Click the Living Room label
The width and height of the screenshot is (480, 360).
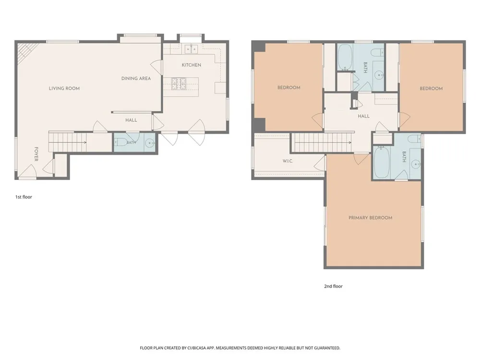64,88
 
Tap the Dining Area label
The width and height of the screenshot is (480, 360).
136,78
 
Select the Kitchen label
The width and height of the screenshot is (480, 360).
192,65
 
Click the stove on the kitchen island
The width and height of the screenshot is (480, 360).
179,84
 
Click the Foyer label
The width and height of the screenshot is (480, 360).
36,154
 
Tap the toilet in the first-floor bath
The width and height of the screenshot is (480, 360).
120,142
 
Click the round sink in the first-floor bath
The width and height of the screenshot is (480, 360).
150,143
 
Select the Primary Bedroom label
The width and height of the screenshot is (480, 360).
371,217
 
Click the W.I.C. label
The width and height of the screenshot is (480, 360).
288,161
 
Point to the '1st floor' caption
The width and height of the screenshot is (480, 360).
24,197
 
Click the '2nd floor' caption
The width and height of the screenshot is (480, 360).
334,286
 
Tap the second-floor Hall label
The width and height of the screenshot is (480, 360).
364,116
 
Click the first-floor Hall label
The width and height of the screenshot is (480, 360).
131,120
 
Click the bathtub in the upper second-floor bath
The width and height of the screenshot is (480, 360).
345,57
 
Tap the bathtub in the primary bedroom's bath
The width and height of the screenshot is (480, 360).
382,162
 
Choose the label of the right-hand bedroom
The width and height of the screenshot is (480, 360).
431,88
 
